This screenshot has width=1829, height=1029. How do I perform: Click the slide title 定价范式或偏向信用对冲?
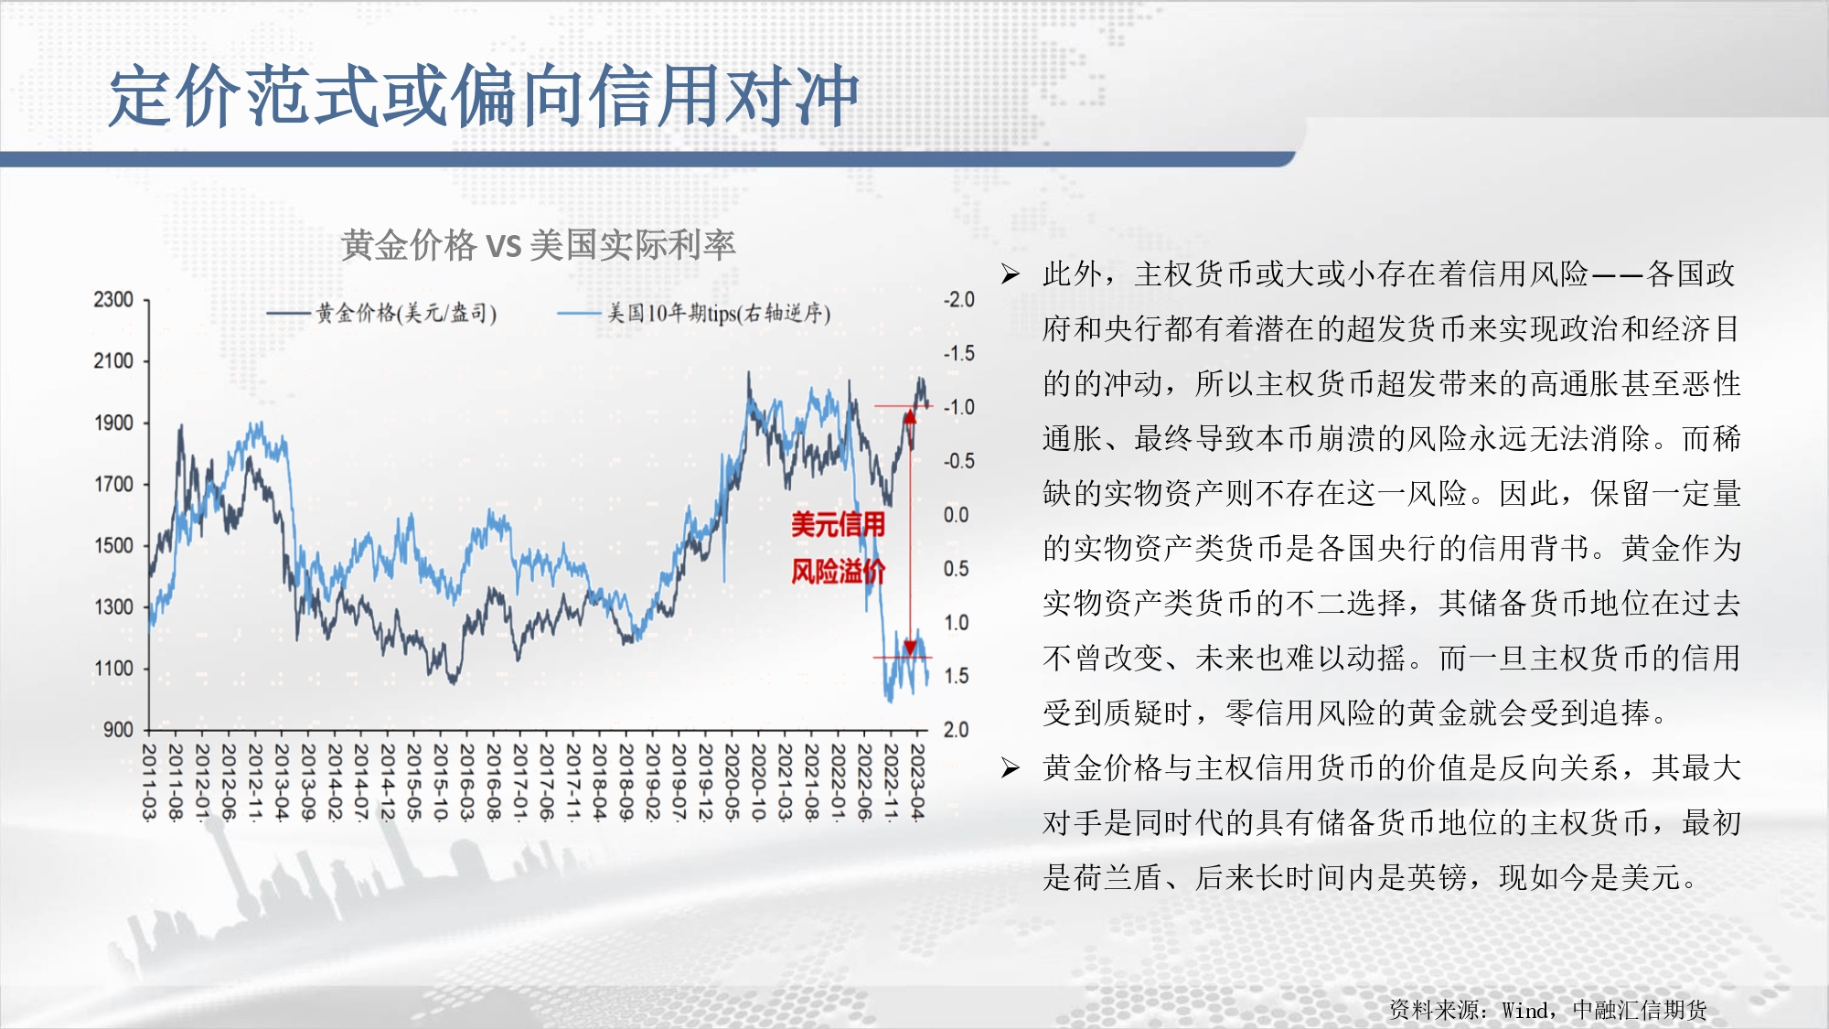(x=484, y=96)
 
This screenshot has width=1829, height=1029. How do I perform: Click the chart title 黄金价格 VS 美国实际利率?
(x=539, y=245)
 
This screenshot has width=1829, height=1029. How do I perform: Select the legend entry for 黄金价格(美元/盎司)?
(x=382, y=314)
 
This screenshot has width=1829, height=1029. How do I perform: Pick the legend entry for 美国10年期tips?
(x=695, y=314)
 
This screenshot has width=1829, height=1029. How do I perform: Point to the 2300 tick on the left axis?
(x=113, y=300)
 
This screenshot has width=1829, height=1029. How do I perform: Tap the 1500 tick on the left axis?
(x=113, y=546)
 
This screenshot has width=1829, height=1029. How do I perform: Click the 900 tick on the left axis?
(x=118, y=730)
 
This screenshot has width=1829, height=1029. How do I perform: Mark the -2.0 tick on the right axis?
(x=959, y=300)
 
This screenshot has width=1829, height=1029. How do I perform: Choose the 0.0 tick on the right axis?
(x=957, y=515)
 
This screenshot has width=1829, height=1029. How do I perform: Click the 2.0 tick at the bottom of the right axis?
(x=957, y=730)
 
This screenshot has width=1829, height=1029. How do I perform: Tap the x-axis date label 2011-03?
(x=149, y=781)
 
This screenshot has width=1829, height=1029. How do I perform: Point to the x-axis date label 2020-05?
(x=733, y=781)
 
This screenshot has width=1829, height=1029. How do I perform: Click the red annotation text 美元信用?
(x=838, y=525)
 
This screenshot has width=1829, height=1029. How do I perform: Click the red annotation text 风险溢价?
(x=838, y=572)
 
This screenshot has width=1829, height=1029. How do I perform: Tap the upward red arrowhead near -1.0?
(x=910, y=417)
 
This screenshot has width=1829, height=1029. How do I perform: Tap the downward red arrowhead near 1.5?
(x=910, y=648)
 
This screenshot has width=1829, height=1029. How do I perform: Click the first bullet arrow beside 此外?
(x=1010, y=274)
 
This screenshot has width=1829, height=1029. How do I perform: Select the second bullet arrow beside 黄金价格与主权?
(x=1010, y=768)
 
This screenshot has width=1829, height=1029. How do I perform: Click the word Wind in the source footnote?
(x=1524, y=1011)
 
